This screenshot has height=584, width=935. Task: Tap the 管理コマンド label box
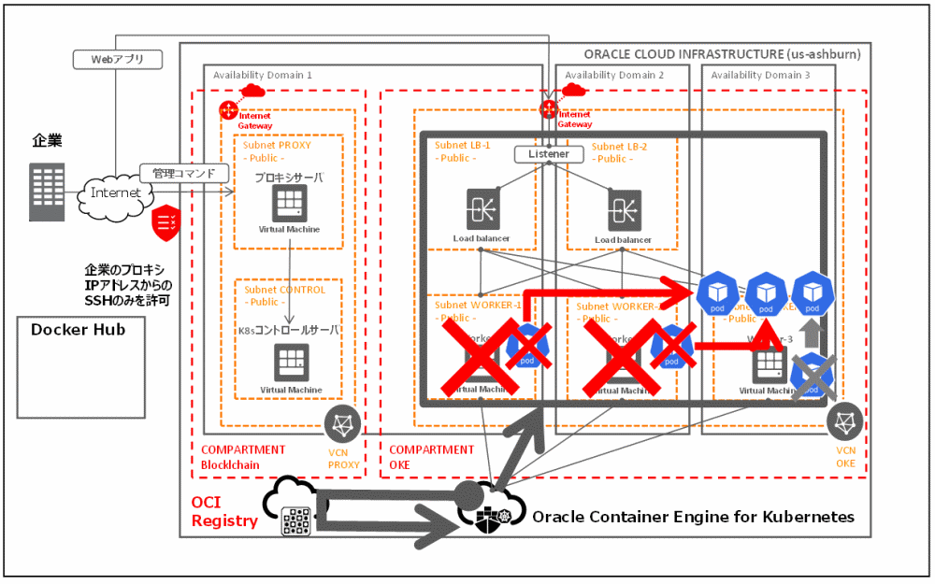[184, 173]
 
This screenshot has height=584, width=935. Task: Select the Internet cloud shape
[116, 192]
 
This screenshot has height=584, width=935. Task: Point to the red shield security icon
[165, 221]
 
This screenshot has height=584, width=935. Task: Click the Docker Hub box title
[78, 330]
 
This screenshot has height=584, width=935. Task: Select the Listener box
[549, 153]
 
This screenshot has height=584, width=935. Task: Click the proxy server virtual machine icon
[290, 203]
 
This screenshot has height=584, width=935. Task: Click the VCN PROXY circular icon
[342, 425]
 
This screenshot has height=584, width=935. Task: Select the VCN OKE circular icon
[845, 422]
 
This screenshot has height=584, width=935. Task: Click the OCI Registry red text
[224, 511]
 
